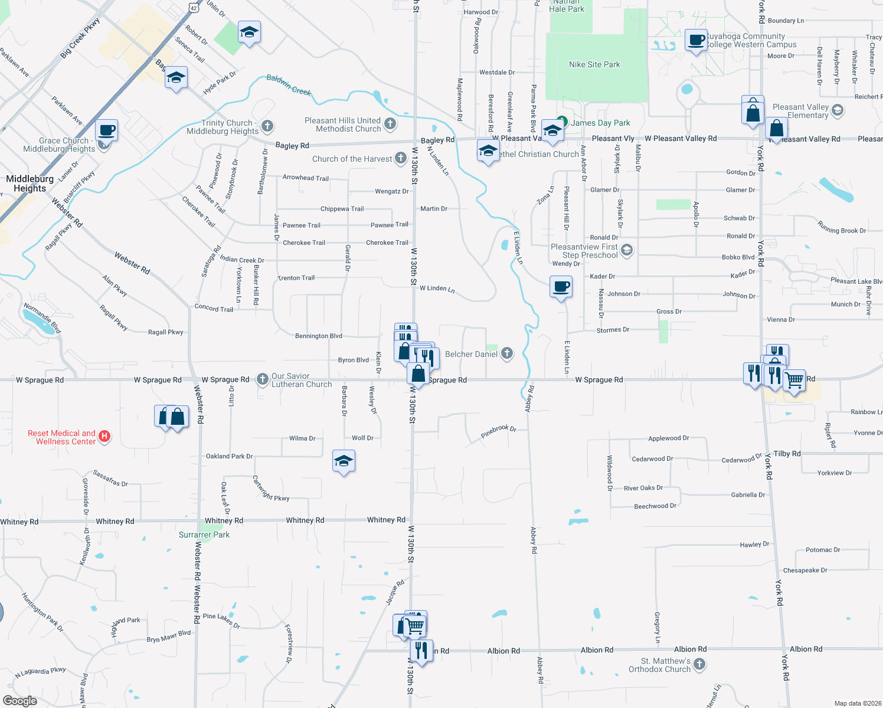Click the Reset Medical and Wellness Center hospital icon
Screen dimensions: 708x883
click(x=104, y=437)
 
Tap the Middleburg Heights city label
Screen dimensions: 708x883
click(x=30, y=183)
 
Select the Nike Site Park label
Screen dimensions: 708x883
click(x=594, y=64)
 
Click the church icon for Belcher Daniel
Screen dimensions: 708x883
click(x=506, y=353)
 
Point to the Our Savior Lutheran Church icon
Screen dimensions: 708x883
click(x=263, y=379)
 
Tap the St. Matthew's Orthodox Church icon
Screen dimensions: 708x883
click(x=699, y=664)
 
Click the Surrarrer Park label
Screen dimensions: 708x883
click(x=204, y=535)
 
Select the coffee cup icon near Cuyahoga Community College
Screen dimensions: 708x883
click(x=696, y=41)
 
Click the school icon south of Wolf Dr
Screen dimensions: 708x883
click(x=344, y=461)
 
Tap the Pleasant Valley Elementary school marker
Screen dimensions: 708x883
click(x=838, y=110)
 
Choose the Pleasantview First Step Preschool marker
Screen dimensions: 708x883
click(x=627, y=250)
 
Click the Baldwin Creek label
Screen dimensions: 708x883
click(x=289, y=85)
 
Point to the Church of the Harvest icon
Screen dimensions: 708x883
click(x=401, y=158)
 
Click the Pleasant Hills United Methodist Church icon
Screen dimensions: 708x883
click(x=390, y=123)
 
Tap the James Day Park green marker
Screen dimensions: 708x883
click(x=562, y=122)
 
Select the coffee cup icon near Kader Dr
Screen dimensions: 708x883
click(x=561, y=288)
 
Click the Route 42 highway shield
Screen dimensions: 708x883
click(x=194, y=7)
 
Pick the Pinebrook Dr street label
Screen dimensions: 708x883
click(x=498, y=431)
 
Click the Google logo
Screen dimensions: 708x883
click(x=20, y=701)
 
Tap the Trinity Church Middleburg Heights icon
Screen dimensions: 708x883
click(x=267, y=126)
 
